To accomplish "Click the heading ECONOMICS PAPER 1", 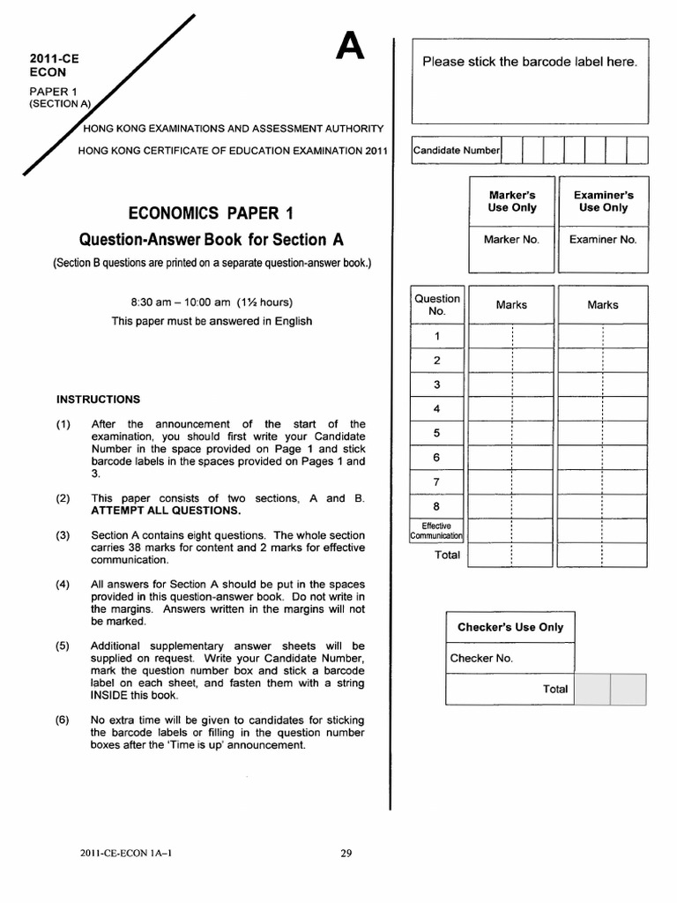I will pos(211,213).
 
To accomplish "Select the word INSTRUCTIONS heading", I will pos(98,399).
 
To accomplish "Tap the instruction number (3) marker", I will pos(63,535).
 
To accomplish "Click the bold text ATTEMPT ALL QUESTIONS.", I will pos(166,511).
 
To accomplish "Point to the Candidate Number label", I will pos(457,150).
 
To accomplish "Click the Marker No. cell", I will pos(511,239).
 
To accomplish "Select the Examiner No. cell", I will pos(602,239).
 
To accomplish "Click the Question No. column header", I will pos(437,305).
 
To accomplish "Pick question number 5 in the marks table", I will pos(436,433).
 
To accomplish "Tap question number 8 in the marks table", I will pos(436,506).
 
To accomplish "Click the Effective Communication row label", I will pos(437,531).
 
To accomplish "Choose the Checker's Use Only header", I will pos(510,627).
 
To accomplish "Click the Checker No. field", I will pos(480,658).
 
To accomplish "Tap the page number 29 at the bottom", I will pos(346,853).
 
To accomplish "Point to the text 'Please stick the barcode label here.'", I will pos(530,62).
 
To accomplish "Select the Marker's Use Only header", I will pos(511,201).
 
